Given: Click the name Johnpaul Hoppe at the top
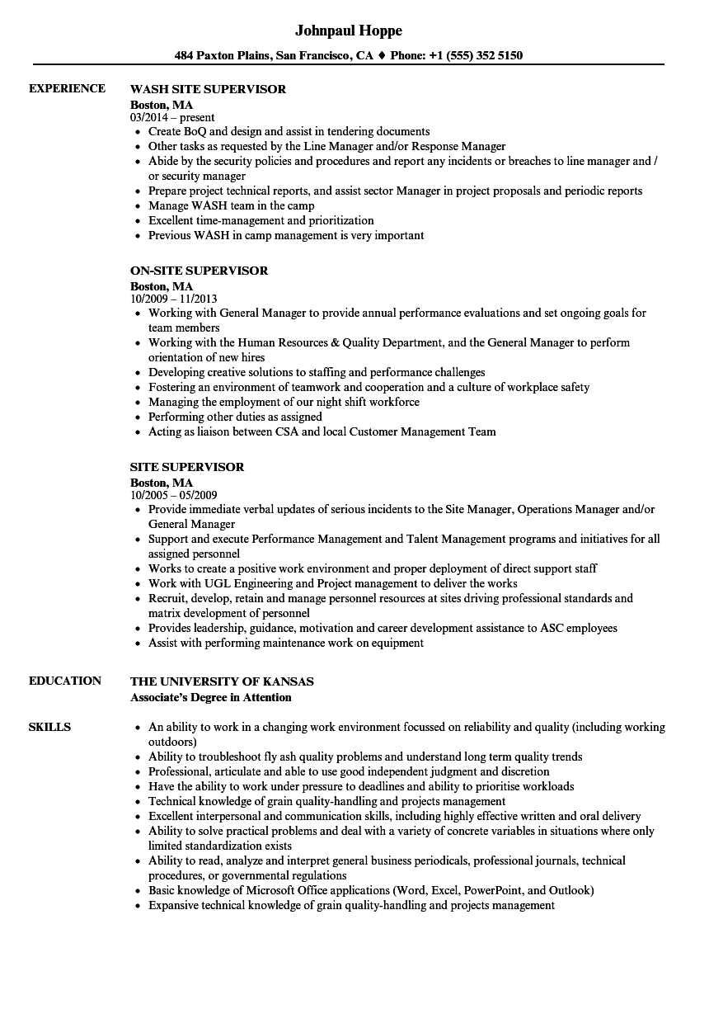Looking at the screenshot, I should click(x=348, y=31).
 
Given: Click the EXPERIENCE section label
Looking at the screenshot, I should click(x=67, y=88).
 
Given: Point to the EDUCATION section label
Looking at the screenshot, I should click(x=65, y=681).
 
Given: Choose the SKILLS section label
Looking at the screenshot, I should click(x=49, y=727).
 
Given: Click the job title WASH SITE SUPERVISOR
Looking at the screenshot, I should click(x=208, y=89).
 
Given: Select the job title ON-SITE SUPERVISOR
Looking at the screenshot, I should click(x=199, y=271).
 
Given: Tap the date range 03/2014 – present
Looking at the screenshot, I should click(x=172, y=117).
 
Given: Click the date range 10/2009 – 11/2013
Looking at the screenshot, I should click(x=173, y=299).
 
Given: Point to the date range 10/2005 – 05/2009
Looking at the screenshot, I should click(x=173, y=495).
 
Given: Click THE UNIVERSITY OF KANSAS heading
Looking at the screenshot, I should click(x=222, y=681).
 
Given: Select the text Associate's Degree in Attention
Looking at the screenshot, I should click(x=211, y=697).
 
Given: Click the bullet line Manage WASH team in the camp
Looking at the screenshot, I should click(x=231, y=205).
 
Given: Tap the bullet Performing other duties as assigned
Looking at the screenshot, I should click(x=235, y=417).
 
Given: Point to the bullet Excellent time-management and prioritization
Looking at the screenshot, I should click(x=261, y=220).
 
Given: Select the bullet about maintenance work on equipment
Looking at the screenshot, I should click(x=285, y=643).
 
